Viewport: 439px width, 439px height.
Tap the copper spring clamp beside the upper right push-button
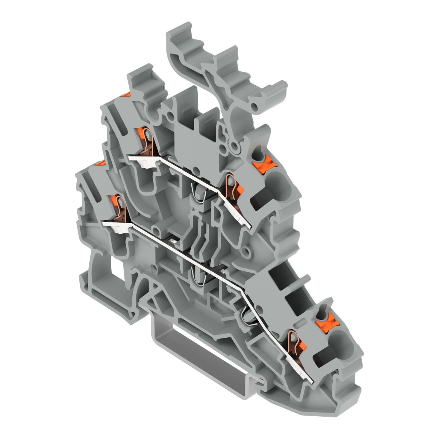point(232,187)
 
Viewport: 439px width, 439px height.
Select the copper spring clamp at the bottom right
point(294,342)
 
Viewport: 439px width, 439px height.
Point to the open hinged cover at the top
point(223,73)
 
